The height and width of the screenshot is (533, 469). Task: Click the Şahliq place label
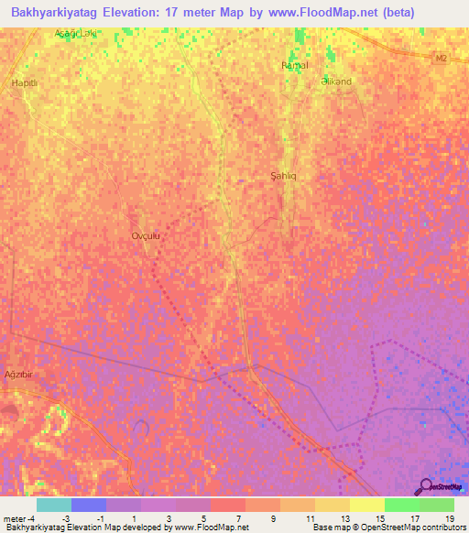(285, 175)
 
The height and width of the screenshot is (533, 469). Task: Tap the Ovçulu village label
(147, 235)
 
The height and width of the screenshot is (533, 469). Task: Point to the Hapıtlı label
(23, 82)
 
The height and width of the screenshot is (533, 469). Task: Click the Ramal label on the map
(295, 66)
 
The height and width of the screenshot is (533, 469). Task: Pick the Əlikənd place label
(336, 82)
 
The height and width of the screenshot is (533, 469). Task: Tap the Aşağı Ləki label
(74, 33)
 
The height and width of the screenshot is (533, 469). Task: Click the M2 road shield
(442, 59)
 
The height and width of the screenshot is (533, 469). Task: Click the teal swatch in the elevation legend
(54, 505)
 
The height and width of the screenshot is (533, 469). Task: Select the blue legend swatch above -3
(89, 505)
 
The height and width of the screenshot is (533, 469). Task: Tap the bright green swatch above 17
(402, 505)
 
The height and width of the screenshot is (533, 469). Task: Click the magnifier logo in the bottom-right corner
(424, 486)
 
